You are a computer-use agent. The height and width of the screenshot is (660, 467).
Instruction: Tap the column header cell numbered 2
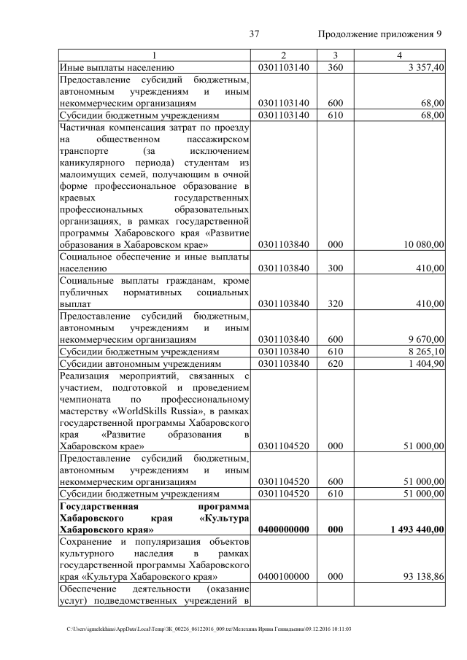coord(283,55)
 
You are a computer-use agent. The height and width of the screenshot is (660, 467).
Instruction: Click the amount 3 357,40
coord(424,67)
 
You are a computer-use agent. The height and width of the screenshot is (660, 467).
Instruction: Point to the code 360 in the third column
coord(335,67)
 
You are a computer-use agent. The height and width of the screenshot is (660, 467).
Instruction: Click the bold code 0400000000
coord(283,529)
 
